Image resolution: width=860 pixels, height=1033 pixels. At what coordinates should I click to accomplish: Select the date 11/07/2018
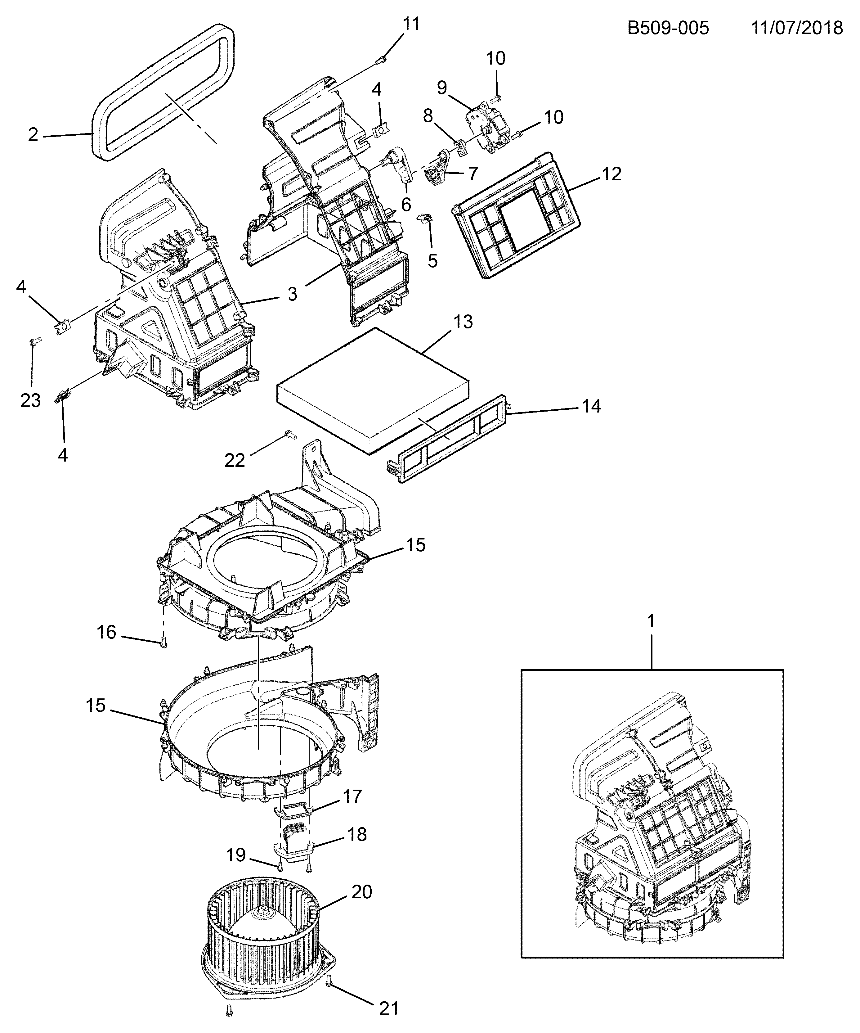[797, 28]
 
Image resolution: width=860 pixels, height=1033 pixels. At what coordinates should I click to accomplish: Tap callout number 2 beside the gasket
[33, 134]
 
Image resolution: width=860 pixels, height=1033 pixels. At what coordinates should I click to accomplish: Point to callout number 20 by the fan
[362, 891]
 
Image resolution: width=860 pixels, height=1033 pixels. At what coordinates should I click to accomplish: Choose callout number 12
[611, 174]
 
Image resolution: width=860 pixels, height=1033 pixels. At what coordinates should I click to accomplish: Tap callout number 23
[30, 400]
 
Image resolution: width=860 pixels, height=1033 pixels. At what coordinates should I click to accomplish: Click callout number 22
[235, 460]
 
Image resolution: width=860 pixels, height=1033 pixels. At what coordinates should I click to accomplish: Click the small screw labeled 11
[381, 60]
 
